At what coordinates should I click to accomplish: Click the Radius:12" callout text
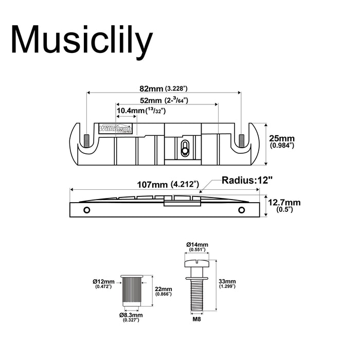[x=246, y=180]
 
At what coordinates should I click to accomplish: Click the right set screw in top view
[x=241, y=139]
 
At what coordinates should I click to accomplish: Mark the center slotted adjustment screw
[x=184, y=149]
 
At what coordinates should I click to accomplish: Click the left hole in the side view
[x=87, y=210]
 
